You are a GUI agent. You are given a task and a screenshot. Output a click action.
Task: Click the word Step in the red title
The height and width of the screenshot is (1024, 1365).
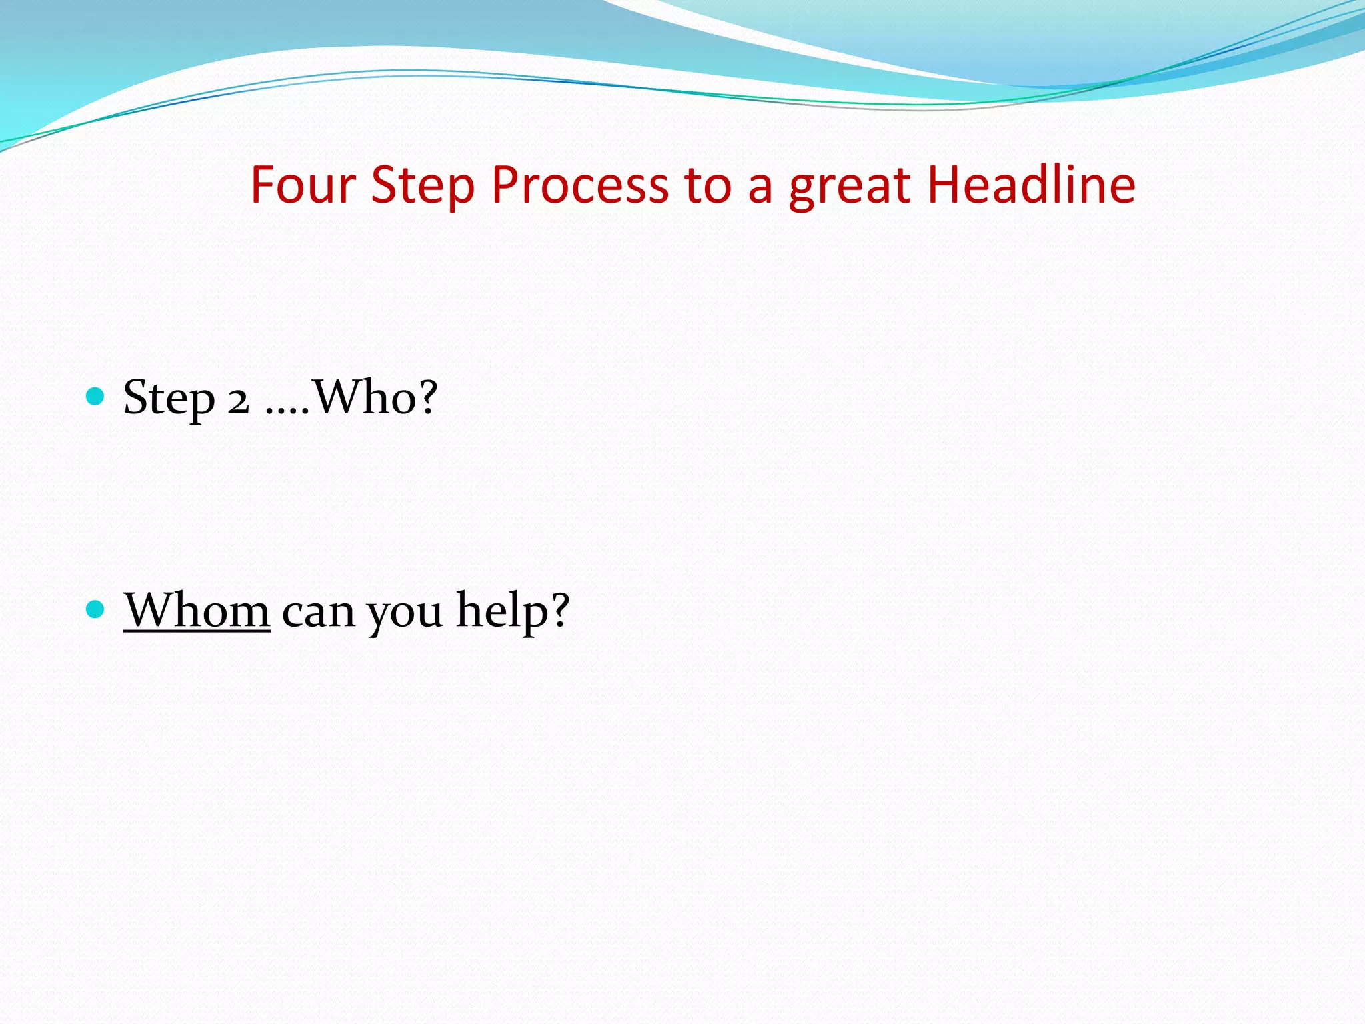(423, 186)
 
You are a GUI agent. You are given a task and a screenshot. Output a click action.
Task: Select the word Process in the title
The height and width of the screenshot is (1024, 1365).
(579, 185)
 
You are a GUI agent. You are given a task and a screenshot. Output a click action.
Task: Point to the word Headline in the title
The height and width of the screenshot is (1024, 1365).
(1031, 185)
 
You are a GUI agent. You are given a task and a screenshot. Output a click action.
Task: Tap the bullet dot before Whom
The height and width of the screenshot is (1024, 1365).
(96, 609)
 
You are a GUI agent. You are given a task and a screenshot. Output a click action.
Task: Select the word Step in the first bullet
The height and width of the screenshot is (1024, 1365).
(169, 399)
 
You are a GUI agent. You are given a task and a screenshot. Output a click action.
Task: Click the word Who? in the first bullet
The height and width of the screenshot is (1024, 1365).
(375, 397)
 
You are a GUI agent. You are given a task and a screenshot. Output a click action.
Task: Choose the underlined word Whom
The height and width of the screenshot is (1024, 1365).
(197, 610)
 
